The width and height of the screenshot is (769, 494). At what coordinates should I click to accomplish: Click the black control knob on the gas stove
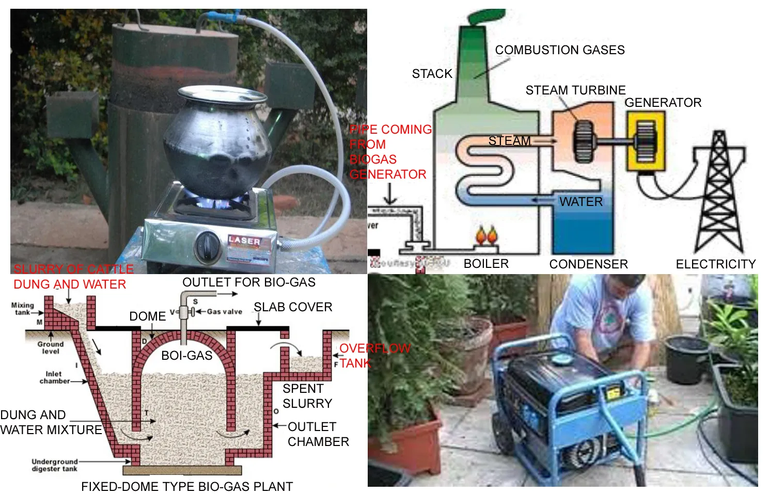click(208, 245)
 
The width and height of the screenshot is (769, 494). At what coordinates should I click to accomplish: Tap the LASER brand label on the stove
click(245, 241)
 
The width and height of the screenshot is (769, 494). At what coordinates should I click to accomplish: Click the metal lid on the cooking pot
click(222, 95)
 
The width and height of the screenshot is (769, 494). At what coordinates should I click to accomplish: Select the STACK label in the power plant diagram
click(432, 74)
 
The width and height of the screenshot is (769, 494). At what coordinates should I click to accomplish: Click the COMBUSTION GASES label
click(560, 50)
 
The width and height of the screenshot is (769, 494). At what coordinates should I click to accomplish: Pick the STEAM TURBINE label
click(575, 90)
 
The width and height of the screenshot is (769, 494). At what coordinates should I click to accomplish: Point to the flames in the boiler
click(486, 235)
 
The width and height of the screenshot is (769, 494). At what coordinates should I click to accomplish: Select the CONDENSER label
click(588, 264)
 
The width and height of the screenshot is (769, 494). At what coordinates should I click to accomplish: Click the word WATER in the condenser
click(581, 202)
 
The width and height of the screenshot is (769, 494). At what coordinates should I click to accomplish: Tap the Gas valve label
click(224, 312)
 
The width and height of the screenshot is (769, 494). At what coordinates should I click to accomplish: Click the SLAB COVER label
click(293, 307)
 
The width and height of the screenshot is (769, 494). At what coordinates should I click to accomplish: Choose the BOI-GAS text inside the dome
click(186, 356)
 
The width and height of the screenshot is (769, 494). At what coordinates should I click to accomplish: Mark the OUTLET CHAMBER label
click(318, 434)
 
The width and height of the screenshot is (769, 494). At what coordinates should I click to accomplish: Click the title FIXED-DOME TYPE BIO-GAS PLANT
click(187, 487)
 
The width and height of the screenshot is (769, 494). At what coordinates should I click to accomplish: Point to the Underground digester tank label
click(54, 465)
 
